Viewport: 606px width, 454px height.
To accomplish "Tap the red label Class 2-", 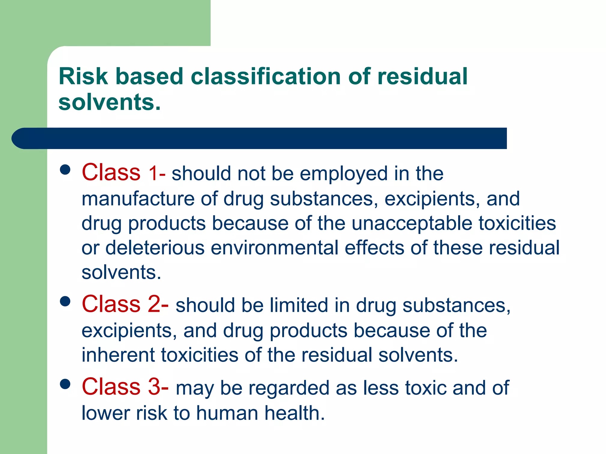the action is tap(125, 304).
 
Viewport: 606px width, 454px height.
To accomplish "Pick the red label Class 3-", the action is tap(125, 387).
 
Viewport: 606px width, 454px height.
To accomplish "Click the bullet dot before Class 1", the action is tap(65, 169).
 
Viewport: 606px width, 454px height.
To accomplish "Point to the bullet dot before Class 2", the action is tap(65, 301).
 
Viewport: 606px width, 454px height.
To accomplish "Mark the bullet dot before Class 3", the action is tap(65, 384).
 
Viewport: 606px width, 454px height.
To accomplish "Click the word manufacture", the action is tap(138, 199).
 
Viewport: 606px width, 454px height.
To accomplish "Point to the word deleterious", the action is tap(155, 248).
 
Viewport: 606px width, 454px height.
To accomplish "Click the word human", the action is tap(227, 413).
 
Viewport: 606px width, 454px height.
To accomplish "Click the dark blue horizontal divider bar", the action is tap(259, 138).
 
